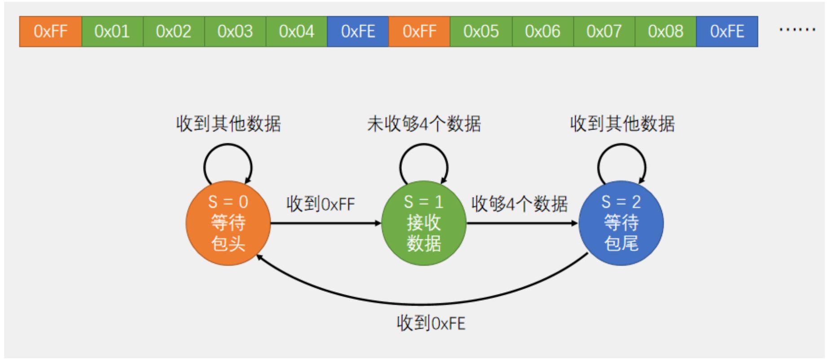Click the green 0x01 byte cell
pyautogui.click(x=112, y=31)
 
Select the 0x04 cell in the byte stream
pyautogui.click(x=296, y=31)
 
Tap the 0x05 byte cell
pyautogui.click(x=481, y=31)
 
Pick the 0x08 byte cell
pyautogui.click(x=666, y=31)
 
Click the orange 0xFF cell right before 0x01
pyautogui.click(x=51, y=31)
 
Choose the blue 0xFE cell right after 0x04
pyautogui.click(x=358, y=31)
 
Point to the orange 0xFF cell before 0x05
pyautogui.click(x=419, y=31)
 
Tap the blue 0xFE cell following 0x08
pyautogui.click(x=727, y=31)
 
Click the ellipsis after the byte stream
pyautogui.click(x=797, y=30)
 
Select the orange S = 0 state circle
pyautogui.click(x=228, y=223)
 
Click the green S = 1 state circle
pyautogui.click(x=423, y=223)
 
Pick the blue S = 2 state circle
pyautogui.click(x=621, y=223)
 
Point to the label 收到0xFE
pyautogui.click(x=431, y=323)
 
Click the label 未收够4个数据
pyautogui.click(x=424, y=124)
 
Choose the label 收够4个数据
pyautogui.click(x=520, y=204)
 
